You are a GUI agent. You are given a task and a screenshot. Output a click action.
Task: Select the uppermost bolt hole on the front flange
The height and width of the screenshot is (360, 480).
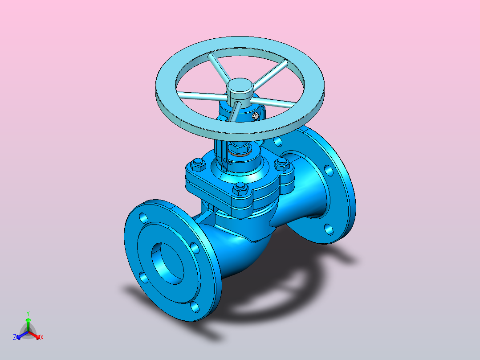click(x=143, y=218)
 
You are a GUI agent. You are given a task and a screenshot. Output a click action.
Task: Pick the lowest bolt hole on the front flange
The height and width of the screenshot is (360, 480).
click(x=195, y=307)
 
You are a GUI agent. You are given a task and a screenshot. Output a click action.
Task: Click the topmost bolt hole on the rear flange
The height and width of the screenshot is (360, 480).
click(x=278, y=141)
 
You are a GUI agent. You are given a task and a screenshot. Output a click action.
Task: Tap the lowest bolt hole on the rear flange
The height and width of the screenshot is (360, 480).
click(x=329, y=229)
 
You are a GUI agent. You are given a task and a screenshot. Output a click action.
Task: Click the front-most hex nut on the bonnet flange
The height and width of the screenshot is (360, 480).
click(x=240, y=188)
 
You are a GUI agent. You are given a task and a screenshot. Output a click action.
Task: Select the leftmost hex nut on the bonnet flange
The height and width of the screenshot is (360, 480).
click(x=198, y=164)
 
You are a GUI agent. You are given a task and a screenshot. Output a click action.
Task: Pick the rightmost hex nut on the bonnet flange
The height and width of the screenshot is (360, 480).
click(x=281, y=164)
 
